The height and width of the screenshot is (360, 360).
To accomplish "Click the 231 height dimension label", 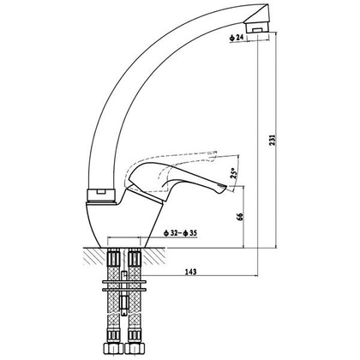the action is pos(273,141).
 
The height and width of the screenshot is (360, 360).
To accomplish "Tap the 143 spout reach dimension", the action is pos(191,272).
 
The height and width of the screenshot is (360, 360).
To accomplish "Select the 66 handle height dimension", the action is pos(240,217).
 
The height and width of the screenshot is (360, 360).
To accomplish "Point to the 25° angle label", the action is pos(234,173).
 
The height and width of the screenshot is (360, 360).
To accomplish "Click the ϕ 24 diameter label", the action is pos(236,38).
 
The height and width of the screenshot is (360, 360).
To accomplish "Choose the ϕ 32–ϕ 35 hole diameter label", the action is pos(180,233).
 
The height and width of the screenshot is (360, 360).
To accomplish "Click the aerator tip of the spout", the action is pos(257,27).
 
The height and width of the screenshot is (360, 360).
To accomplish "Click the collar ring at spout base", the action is pos(101,195).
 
